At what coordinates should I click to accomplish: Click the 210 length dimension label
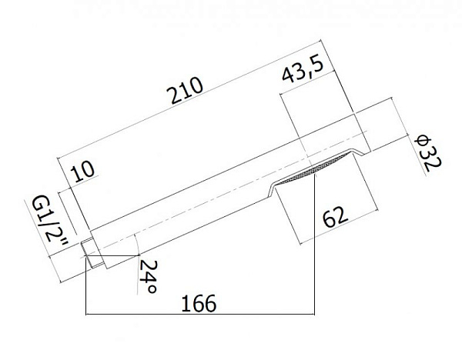[x=187, y=90]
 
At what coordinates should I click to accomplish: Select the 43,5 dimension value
[x=303, y=70]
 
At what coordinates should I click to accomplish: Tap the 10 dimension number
[x=83, y=171]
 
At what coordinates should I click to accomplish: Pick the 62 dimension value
[x=335, y=217]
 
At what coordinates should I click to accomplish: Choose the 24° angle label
[x=148, y=276]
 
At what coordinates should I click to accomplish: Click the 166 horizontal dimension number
[x=199, y=304]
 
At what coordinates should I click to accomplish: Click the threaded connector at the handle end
[x=92, y=254]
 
